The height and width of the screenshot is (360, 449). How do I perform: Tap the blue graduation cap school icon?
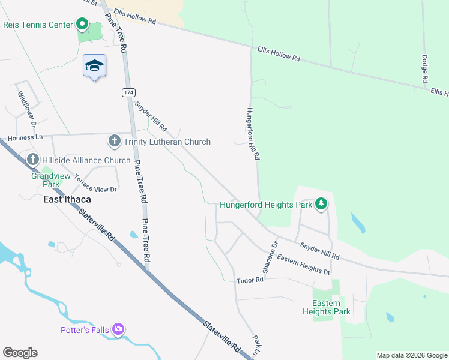click(x=94, y=65)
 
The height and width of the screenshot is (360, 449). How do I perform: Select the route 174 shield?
click(x=128, y=92)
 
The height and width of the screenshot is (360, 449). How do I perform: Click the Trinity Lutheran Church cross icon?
click(x=114, y=142)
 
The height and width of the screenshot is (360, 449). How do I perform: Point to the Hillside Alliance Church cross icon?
click(x=33, y=160)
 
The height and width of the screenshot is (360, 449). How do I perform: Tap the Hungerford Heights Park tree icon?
click(x=322, y=204)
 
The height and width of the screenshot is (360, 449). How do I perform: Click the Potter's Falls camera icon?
click(x=118, y=329)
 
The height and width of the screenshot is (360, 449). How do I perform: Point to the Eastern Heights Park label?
click(x=327, y=307)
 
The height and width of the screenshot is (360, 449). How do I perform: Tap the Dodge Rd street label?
click(x=424, y=69)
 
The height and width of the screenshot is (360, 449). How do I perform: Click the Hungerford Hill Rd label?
click(x=252, y=133)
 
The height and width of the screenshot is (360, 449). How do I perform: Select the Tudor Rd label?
click(x=250, y=280)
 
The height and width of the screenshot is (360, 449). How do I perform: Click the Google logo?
click(x=20, y=353)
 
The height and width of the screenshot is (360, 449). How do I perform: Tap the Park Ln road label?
click(x=257, y=346)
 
